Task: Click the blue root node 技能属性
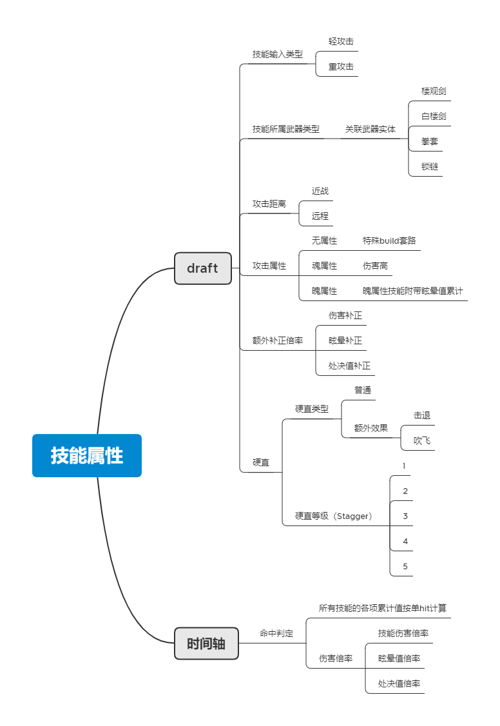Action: (87, 455)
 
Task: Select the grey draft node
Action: (202, 268)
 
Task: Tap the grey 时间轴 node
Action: (206, 643)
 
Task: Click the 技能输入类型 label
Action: (277, 54)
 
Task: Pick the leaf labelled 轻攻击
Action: (341, 41)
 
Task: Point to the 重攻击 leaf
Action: (341, 66)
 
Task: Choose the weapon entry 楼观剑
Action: (434, 91)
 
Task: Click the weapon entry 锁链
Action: (430, 166)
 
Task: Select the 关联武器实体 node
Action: (370, 129)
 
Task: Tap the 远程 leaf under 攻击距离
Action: (320, 216)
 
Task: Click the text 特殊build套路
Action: (389, 240)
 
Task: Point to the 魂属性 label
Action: (324, 266)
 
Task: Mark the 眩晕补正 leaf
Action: (345, 340)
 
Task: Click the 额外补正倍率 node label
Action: (277, 340)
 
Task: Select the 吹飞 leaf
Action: (422, 441)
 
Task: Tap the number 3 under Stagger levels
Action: (405, 516)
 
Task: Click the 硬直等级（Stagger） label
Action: (334, 516)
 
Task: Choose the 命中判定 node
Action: (276, 634)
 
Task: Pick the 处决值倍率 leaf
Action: (399, 683)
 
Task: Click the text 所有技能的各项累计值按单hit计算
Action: (383, 608)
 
